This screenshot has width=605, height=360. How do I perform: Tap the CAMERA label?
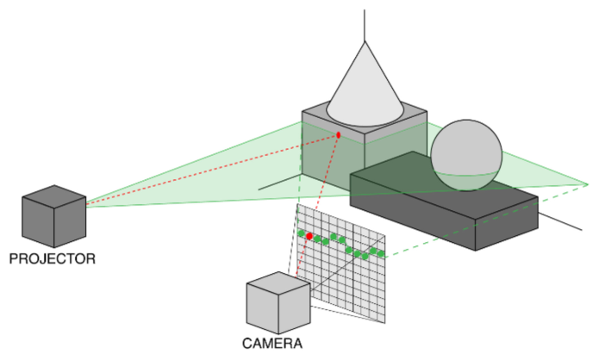[272, 344]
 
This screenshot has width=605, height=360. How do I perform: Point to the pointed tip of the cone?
[365, 40]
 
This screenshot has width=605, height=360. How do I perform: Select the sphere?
[466, 153]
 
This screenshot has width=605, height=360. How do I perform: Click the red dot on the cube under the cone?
[339, 135]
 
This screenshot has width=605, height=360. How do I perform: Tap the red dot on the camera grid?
[309, 236]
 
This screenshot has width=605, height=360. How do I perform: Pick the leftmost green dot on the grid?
[302, 233]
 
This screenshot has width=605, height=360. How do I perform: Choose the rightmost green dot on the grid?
[379, 253]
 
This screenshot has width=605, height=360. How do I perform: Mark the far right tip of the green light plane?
[586, 183]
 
